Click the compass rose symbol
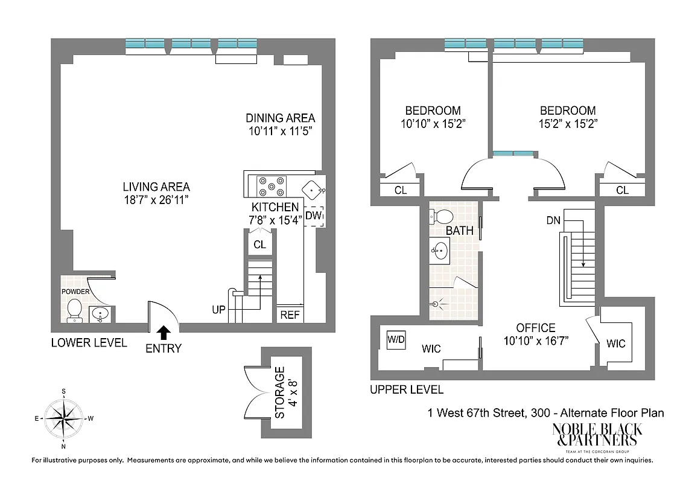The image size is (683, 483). point(63,417)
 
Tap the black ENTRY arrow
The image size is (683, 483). point(164,331)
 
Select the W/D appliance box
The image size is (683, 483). point(396,340)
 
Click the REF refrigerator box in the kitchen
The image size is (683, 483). point(289,315)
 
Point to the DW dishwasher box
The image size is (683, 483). point(314,216)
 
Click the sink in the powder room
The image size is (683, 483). point(100,313)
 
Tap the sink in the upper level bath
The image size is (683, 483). point(440,249)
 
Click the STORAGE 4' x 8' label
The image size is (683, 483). point(286,393)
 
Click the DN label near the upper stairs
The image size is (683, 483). point(553,220)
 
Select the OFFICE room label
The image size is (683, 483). point(535,328)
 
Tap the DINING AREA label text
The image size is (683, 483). point(280,118)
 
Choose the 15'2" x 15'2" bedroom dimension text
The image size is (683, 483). point(568,124)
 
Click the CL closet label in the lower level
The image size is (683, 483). point(259,245)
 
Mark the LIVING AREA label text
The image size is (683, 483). point(156,187)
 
